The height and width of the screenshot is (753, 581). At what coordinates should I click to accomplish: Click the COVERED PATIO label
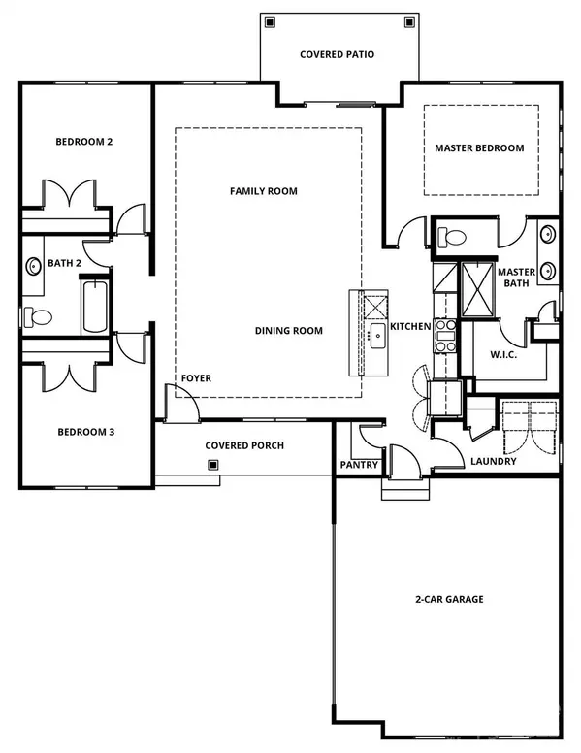tap(337, 55)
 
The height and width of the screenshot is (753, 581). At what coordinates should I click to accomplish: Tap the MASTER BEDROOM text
tap(479, 148)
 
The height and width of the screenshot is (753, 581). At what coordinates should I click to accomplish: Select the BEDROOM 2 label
tap(84, 142)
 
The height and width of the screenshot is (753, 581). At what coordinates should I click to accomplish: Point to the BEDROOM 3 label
tap(86, 432)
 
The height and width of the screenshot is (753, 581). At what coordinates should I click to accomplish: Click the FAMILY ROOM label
tap(263, 191)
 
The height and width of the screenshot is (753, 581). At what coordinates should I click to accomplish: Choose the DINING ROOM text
tap(288, 331)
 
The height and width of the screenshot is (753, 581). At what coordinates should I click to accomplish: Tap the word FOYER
tap(196, 378)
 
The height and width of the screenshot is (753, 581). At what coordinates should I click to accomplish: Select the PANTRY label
tap(357, 465)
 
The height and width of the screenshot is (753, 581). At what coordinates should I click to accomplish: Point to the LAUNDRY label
tap(494, 462)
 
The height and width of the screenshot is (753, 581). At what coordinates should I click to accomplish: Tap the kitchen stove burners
tap(445, 335)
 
